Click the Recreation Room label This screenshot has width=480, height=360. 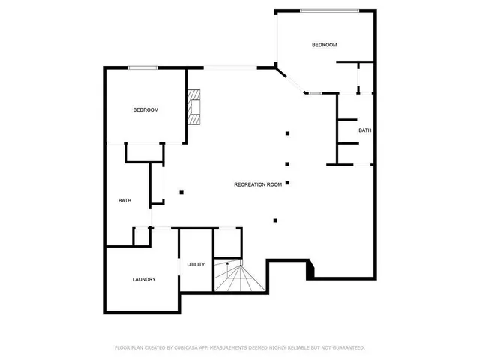click(258, 184)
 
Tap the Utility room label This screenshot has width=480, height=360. click(196, 264)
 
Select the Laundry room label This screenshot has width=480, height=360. click(144, 280)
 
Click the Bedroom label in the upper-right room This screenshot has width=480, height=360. click(324, 45)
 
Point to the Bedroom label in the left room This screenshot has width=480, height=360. click(145, 110)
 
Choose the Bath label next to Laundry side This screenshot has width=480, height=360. click(124, 200)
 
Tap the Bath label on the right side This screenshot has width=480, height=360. click(364, 130)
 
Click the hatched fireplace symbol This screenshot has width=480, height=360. click(196, 106)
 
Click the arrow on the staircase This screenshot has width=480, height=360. click(228, 264)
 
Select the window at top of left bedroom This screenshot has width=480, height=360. click(142, 68)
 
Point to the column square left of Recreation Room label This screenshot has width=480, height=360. click(181, 192)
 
